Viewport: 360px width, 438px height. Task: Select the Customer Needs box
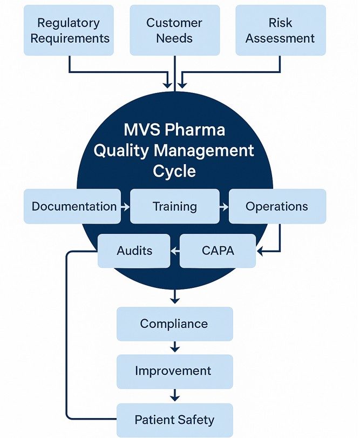174,30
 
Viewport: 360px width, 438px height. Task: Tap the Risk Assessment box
280,30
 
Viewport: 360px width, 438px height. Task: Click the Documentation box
73,206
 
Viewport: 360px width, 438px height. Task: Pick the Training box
174,206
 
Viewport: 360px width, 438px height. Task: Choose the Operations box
277,206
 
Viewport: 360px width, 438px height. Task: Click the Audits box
134,251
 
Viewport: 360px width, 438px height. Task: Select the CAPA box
217,251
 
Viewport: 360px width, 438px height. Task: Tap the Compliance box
174,324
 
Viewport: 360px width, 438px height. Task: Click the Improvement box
174,371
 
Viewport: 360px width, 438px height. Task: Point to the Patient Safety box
174,420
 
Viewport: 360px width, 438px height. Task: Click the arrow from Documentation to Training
125,207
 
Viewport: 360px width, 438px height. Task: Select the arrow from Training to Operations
224,207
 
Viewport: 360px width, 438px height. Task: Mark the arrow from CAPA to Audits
175,251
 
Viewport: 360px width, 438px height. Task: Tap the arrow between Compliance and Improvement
174,347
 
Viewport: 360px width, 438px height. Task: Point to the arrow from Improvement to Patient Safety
174,395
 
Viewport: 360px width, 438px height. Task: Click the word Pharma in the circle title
196,131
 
